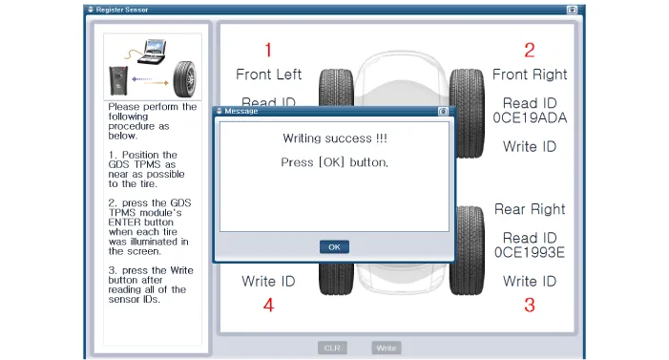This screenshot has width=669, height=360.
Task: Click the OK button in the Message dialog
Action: (x=334, y=246)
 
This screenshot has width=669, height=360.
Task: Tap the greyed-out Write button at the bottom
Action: (x=387, y=348)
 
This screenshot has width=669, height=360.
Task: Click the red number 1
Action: (x=268, y=50)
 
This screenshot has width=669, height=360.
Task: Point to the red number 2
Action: (x=530, y=50)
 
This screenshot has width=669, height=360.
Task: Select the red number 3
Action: (x=530, y=305)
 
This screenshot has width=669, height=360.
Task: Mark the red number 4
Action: (x=268, y=305)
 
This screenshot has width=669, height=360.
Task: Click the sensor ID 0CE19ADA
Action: (x=530, y=117)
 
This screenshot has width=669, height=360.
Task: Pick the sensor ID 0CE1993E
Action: (x=530, y=252)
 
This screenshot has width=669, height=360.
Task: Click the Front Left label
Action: (x=268, y=74)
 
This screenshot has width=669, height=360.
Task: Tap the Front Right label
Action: (x=530, y=74)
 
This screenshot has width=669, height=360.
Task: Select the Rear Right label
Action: (x=530, y=209)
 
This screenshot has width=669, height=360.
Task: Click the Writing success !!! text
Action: (x=334, y=138)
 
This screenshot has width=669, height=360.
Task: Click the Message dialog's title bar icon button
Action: (x=443, y=112)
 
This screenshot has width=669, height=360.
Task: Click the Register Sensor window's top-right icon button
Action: (x=572, y=10)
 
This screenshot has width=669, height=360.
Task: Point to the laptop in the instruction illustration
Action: (x=153, y=52)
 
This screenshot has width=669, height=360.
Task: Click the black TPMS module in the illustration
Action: (x=118, y=80)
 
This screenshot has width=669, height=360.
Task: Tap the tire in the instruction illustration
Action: (x=185, y=79)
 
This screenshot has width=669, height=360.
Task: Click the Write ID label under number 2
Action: (x=530, y=146)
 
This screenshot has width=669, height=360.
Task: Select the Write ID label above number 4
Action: (x=268, y=281)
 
